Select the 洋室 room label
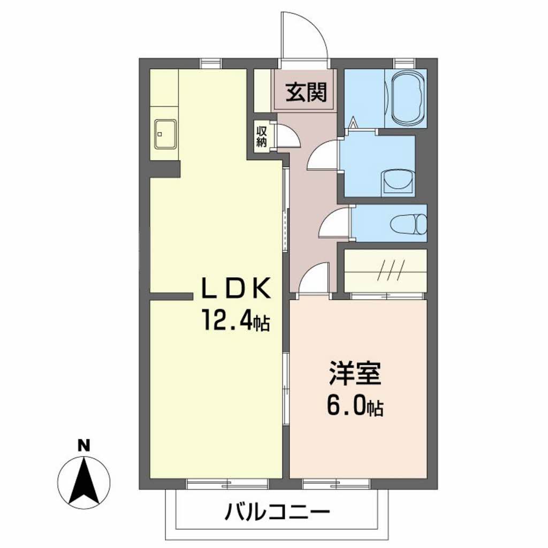pyautogui.click(x=355, y=374)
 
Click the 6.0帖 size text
pyautogui.click(x=355, y=407)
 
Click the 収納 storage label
pyautogui.click(x=262, y=136)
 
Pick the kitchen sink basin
pyautogui.click(x=165, y=134)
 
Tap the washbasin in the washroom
pyautogui.click(x=399, y=181)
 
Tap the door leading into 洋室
pyautogui.click(x=314, y=278)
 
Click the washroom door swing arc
pyautogui.click(x=324, y=155)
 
